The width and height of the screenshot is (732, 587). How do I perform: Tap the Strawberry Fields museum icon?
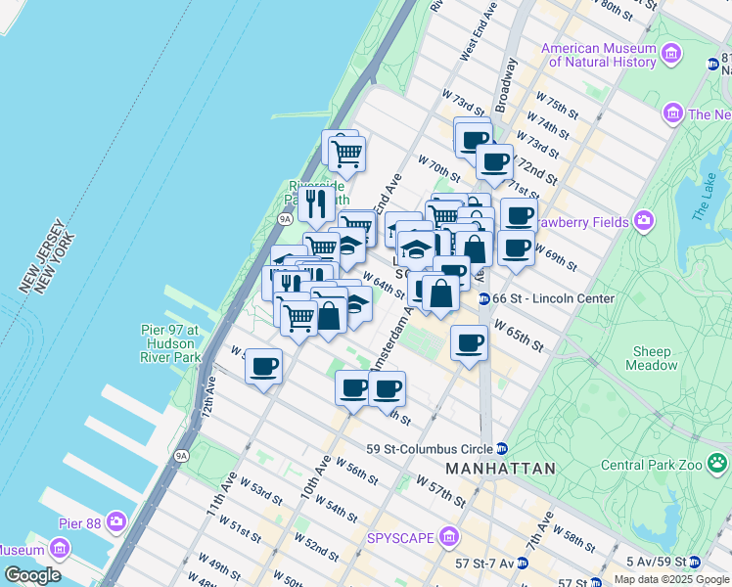643,221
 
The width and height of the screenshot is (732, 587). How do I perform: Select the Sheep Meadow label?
652,358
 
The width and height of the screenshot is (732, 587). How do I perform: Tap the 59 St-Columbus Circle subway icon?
502,449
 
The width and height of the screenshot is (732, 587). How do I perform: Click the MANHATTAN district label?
500,469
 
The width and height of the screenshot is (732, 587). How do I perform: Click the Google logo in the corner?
32,574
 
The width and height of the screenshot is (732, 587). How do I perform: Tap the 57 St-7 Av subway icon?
523,563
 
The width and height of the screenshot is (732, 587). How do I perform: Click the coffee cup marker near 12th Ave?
263,367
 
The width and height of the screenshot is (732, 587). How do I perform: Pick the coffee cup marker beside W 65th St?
470,342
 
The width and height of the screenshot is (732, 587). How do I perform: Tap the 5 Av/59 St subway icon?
694,563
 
